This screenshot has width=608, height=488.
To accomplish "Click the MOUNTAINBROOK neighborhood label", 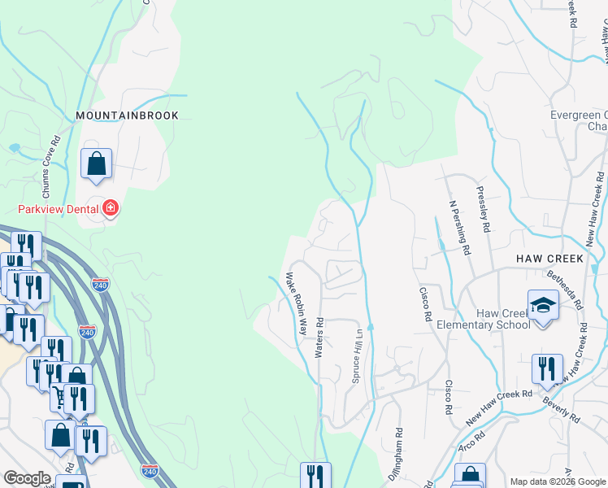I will (x=127, y=116).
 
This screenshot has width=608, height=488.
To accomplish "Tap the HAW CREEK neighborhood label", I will (x=550, y=259).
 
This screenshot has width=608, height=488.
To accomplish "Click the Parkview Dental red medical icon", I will (x=110, y=210).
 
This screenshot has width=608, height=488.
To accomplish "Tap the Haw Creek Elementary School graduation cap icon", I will (x=543, y=305).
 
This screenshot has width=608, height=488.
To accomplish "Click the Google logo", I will (x=27, y=478).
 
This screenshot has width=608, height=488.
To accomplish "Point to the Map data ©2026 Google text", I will (x=557, y=481).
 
